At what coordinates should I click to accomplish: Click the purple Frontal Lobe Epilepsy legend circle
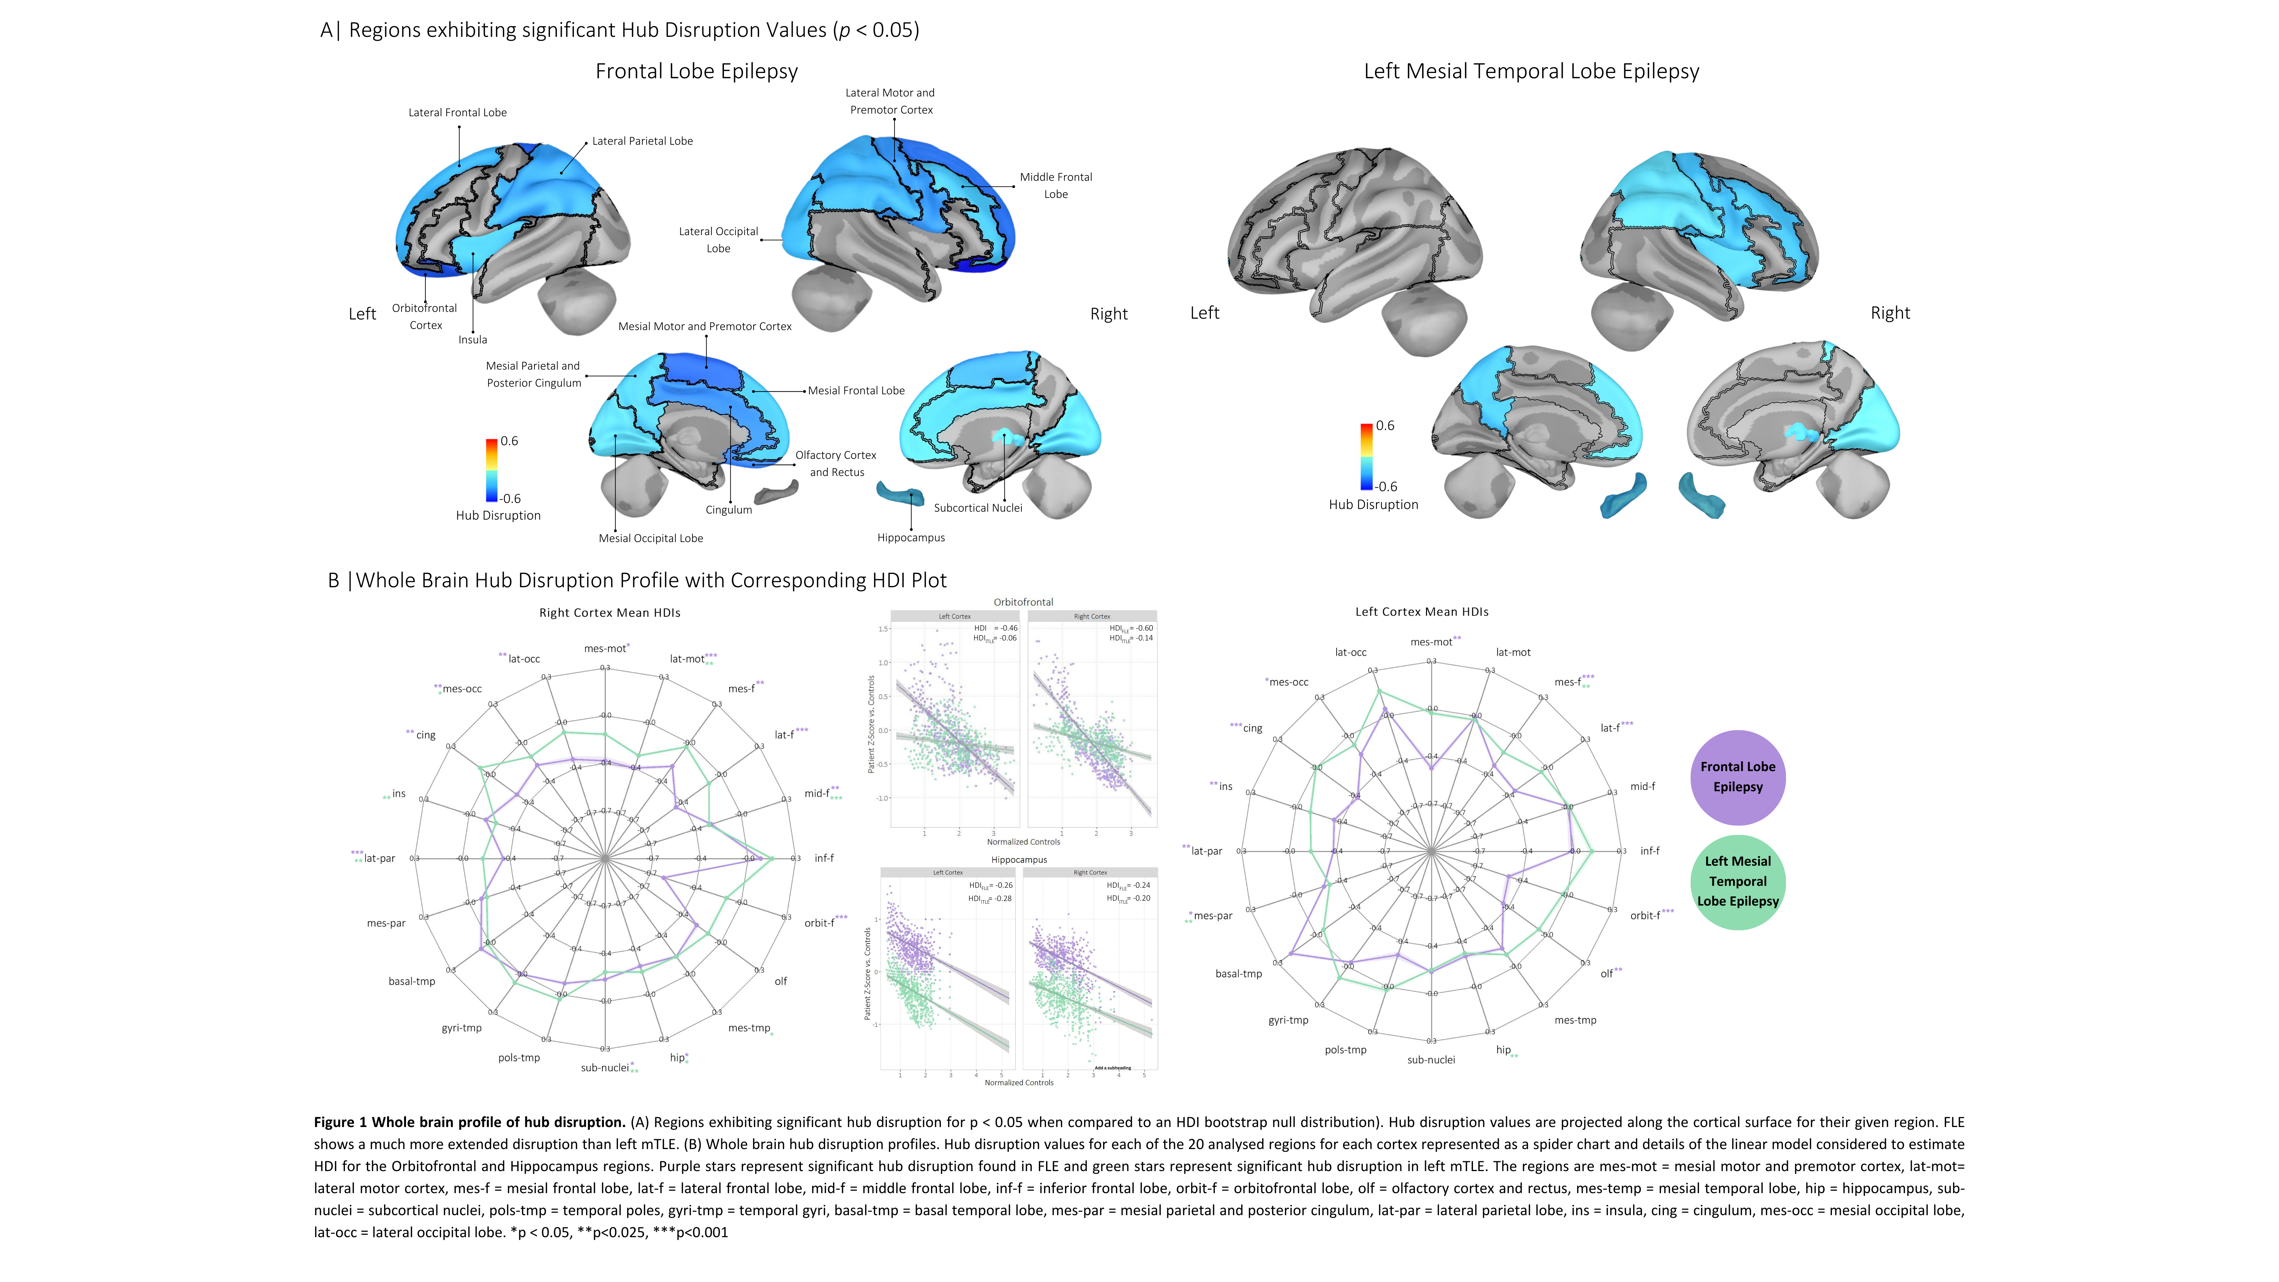(1737, 777)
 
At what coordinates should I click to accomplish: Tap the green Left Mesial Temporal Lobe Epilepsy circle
(1737, 881)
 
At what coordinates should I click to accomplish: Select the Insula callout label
(473, 340)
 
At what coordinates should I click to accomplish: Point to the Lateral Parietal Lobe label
(642, 142)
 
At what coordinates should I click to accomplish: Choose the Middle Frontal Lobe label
(1056, 186)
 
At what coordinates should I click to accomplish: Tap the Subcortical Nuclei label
(978, 508)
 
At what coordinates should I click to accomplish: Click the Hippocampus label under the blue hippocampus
(910, 538)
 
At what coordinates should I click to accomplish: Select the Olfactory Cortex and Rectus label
(835, 463)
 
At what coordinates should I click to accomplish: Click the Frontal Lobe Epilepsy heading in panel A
(696, 72)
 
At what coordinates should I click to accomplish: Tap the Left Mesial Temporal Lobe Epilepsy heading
(1531, 72)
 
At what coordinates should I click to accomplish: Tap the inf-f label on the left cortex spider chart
(1649, 851)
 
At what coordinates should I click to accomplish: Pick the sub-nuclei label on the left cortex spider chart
(1430, 1060)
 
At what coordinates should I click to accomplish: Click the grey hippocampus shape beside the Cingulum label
(776, 493)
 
